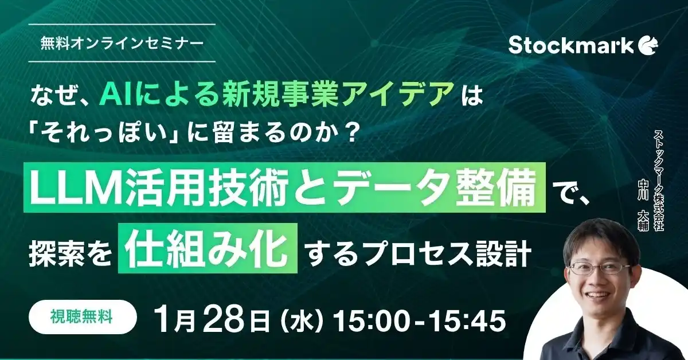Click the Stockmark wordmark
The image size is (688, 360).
pyautogui.click(x=570, y=45)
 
